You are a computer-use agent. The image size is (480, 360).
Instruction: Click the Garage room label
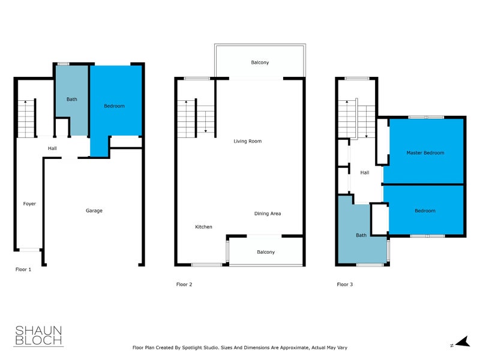(94, 211)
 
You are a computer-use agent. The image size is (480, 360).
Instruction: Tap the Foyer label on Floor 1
(29, 204)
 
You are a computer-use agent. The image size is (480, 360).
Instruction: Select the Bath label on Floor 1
(72, 100)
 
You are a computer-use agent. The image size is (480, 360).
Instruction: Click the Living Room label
(248, 141)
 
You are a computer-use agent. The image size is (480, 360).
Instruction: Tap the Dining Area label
(267, 214)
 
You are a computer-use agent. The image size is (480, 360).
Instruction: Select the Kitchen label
(203, 227)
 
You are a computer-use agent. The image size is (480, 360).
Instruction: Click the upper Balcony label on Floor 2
(260, 62)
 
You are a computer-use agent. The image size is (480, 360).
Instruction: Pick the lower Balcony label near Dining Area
(266, 252)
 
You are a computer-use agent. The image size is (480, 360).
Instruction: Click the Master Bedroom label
(425, 153)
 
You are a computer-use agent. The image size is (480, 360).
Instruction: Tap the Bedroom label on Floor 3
(425, 211)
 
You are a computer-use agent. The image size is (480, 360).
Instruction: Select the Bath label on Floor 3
(361, 235)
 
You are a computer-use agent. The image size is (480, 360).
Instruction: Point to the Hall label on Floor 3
(365, 173)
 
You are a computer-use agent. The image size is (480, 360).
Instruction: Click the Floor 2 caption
(184, 284)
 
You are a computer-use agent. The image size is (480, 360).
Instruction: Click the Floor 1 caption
(23, 270)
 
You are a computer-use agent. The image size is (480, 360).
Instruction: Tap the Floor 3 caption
(344, 284)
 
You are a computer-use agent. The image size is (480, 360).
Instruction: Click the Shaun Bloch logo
(38, 336)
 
